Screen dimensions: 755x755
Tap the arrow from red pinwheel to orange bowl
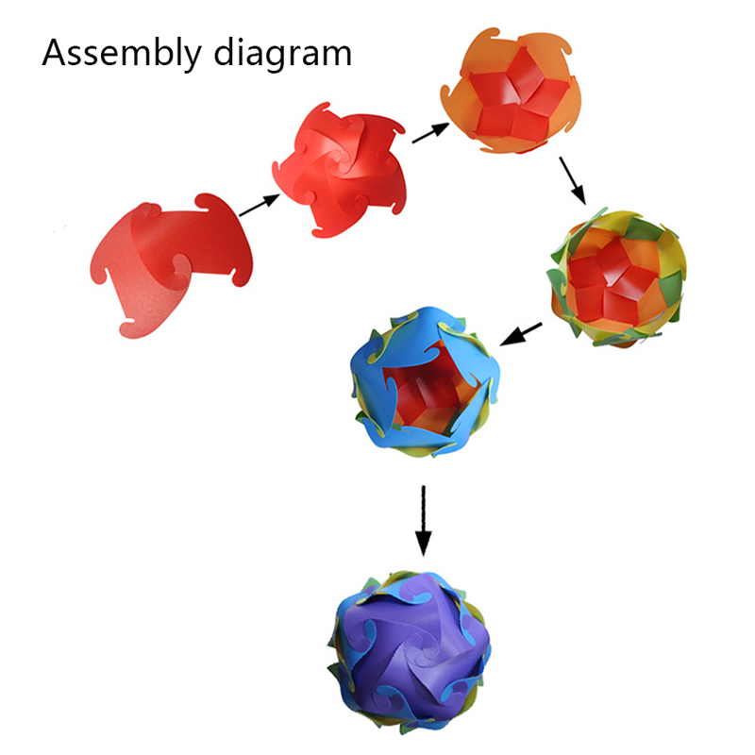click(430, 131)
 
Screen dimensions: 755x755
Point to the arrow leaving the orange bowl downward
click(572, 180)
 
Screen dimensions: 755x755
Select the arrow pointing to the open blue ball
click(522, 333)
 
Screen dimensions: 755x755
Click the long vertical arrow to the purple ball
click(424, 520)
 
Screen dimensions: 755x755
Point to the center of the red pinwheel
click(342, 170)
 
